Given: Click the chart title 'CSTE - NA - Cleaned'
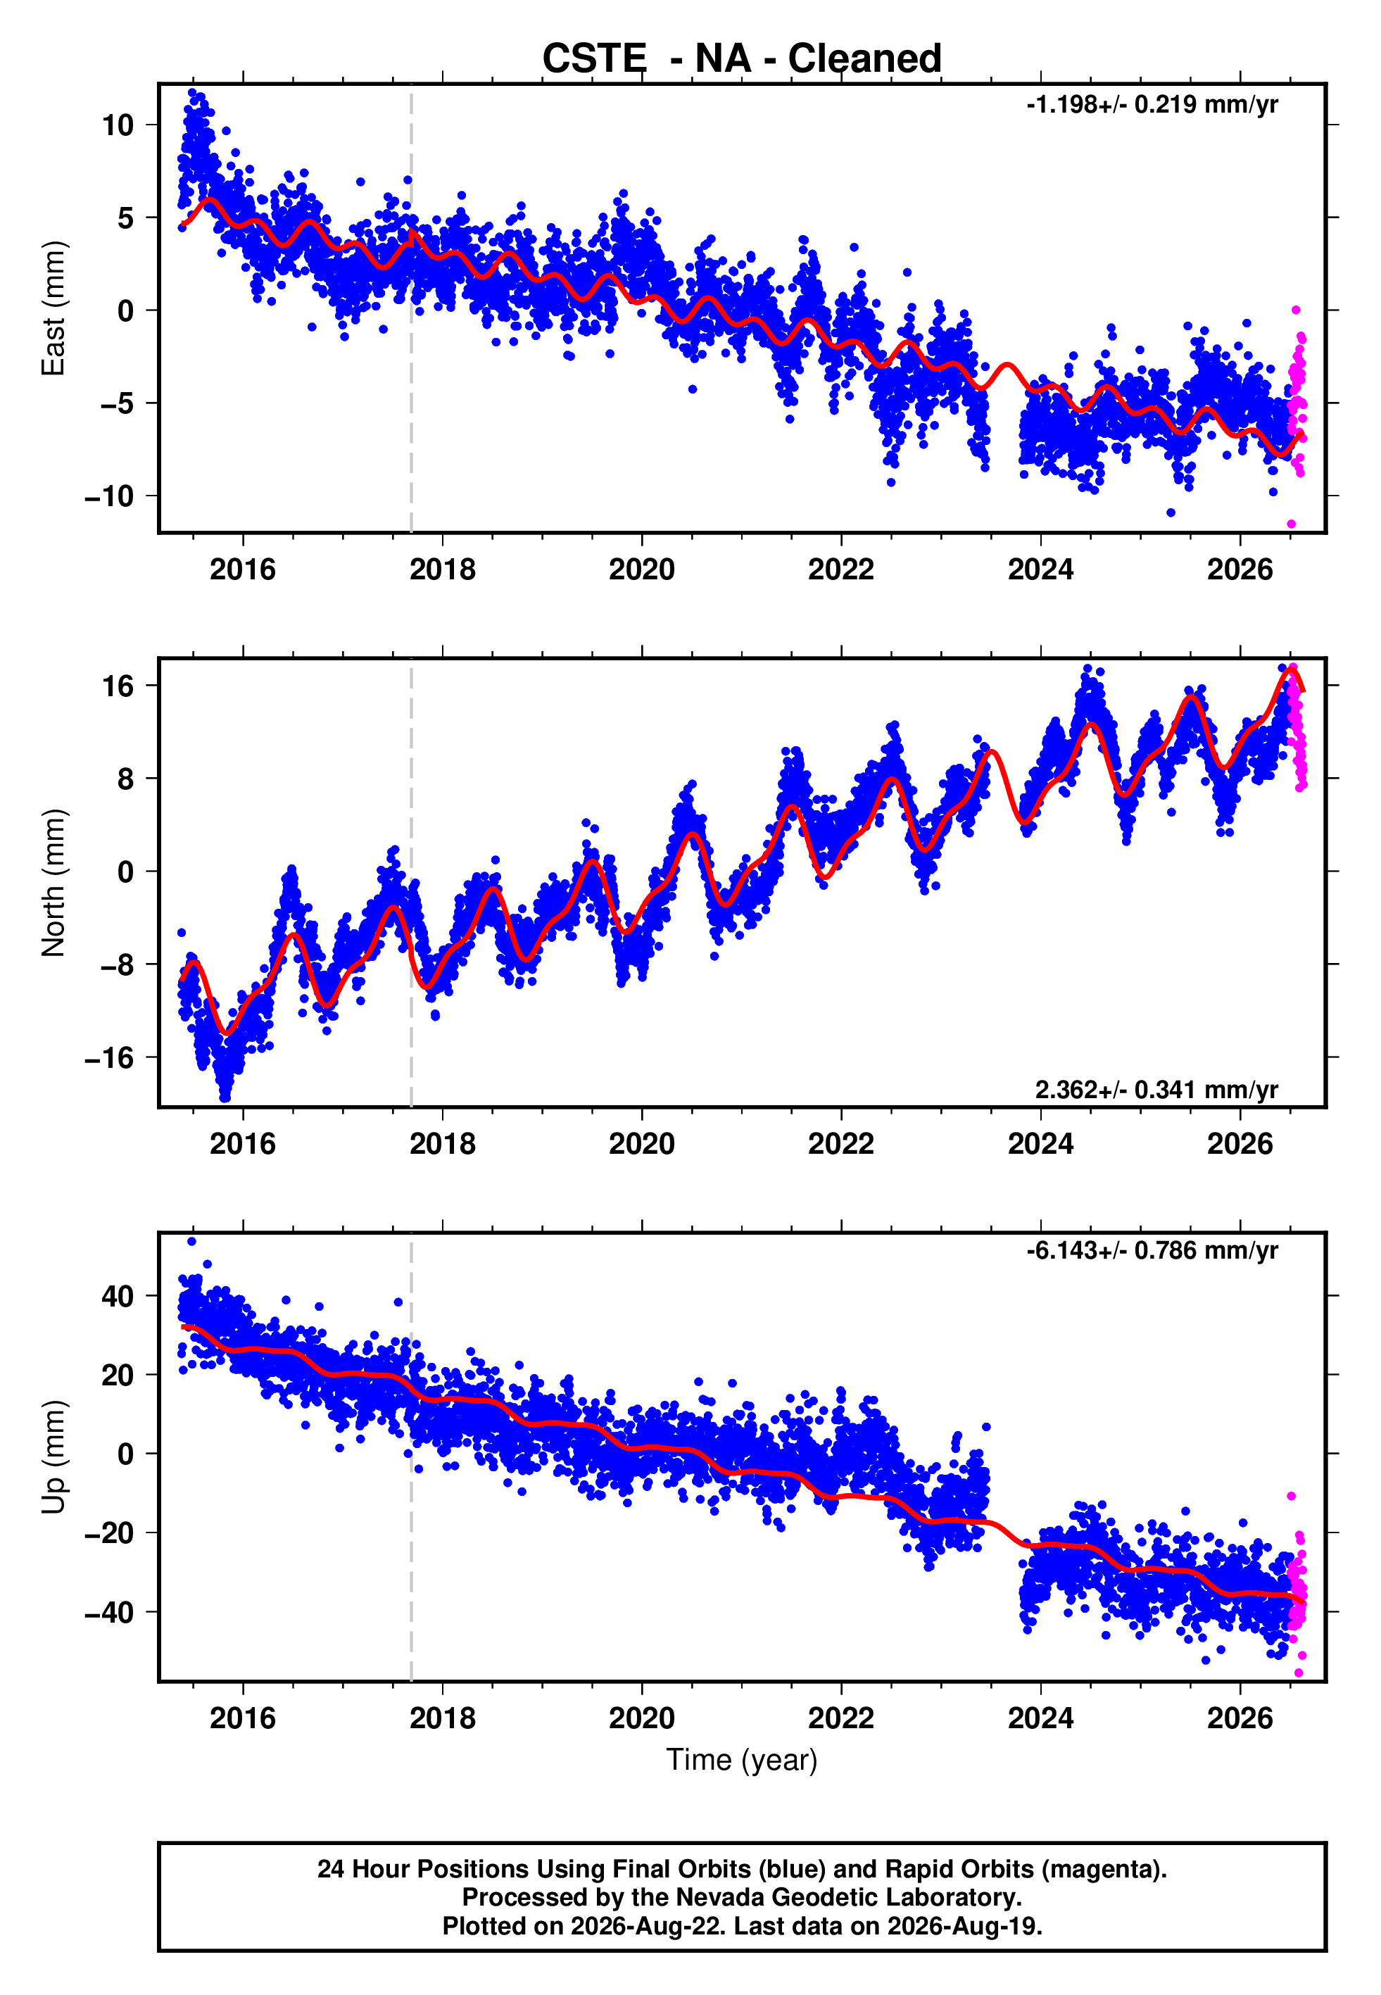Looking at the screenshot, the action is (742, 59).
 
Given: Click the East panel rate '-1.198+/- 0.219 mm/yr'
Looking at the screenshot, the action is (1152, 105).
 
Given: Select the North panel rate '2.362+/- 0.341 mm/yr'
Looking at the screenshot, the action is (1156, 1089).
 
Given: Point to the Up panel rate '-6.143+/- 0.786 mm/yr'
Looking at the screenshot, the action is (1152, 1250).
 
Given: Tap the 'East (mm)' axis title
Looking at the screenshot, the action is (53, 308).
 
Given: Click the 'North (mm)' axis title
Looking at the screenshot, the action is (53, 883).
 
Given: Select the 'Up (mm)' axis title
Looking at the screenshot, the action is (53, 1457).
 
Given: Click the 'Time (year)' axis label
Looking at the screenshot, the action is (742, 1761).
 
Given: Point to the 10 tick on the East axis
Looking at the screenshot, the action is (118, 125).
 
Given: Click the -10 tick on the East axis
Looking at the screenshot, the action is (109, 496).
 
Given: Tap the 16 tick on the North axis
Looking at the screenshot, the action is (118, 686).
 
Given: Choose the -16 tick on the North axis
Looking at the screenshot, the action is (109, 1057).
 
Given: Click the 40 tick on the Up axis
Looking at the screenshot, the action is (118, 1296).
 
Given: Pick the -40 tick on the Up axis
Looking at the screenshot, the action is (109, 1612).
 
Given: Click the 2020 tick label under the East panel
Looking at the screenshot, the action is (642, 569).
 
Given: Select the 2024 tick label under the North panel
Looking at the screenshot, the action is (1041, 1144).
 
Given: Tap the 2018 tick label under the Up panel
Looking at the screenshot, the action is (442, 1718).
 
